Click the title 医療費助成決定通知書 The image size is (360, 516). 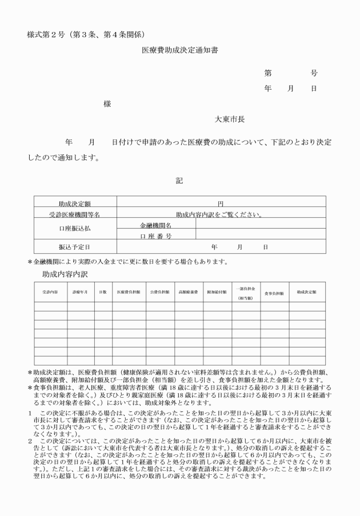coord(180,51)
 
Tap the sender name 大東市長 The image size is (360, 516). coord(230,119)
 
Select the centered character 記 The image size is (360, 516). coord(179,181)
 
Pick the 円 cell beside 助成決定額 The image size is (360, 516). coord(220,204)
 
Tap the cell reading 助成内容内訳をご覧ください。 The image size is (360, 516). coord(220,215)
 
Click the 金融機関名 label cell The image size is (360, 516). coord(156,226)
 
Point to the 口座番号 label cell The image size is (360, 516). coord(156,236)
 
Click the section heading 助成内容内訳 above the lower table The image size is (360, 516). coord(65,274)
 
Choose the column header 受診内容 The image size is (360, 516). coord(50,292)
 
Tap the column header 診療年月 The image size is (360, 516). coord(80,292)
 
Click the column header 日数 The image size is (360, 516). coord(103,292)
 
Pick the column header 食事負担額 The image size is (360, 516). coord(274,293)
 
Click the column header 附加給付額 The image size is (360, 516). coord(217,292)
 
